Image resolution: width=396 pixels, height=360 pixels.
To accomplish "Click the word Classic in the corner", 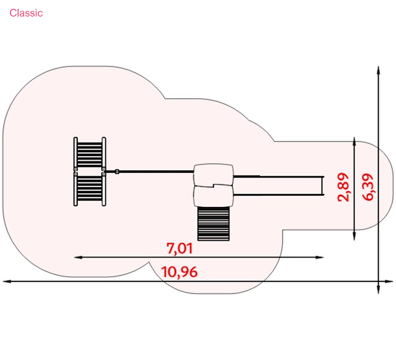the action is pyautogui.click(x=26, y=13).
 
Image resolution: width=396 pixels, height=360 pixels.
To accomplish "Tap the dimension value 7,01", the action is pyautogui.click(x=180, y=249).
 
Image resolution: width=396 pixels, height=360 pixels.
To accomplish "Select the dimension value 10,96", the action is pyautogui.click(x=179, y=272).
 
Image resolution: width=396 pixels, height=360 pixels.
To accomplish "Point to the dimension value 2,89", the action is pyautogui.click(x=344, y=187).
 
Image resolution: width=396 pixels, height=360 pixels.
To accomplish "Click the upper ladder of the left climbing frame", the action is pyautogui.click(x=90, y=154).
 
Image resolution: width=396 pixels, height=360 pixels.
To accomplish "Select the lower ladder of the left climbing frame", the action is pyautogui.click(x=90, y=189).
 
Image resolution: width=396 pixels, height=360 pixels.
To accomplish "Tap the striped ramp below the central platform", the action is pyautogui.click(x=213, y=224).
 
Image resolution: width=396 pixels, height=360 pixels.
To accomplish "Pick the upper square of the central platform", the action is pyautogui.click(x=213, y=175).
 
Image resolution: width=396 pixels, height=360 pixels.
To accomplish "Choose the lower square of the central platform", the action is pyautogui.click(x=213, y=196).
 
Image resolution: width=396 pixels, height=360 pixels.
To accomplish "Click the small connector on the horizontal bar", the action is pyautogui.click(x=117, y=171).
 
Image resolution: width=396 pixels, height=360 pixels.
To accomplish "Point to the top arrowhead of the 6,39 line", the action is pyautogui.click(x=378, y=70).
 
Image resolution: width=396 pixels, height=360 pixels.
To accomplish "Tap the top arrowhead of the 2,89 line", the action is pyautogui.click(x=354, y=142).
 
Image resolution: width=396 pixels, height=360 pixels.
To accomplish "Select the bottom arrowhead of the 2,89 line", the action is pyautogui.click(x=354, y=236).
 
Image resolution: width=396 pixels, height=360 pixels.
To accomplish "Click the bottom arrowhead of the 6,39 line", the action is pyautogui.click(x=378, y=290).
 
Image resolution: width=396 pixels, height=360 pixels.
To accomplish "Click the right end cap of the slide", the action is pyautogui.click(x=323, y=186).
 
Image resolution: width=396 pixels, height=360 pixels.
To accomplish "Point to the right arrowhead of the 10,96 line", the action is pyautogui.click(x=389, y=281).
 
